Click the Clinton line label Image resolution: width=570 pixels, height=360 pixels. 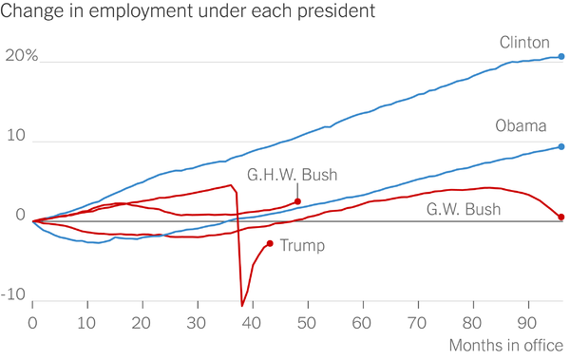click(x=524, y=43)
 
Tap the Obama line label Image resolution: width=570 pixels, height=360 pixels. click(x=521, y=125)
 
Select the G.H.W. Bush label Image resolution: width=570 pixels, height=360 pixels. click(x=293, y=175)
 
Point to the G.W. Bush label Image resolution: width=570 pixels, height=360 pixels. click(x=464, y=210)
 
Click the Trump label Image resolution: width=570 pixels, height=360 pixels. click(x=302, y=245)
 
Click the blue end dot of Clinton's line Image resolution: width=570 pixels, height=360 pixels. click(x=561, y=56)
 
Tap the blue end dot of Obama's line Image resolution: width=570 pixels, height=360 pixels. click(x=561, y=146)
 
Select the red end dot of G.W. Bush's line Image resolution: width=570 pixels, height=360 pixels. click(x=561, y=218)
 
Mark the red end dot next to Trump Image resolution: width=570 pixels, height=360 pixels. click(x=270, y=243)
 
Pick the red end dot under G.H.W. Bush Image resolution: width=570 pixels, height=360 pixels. click(x=297, y=201)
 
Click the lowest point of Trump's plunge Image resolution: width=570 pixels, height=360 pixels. click(x=242, y=306)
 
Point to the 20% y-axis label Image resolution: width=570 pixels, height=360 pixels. click(x=22, y=56)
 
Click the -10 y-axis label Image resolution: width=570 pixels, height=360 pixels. click(x=13, y=294)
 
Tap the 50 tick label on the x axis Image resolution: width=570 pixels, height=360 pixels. click(x=307, y=323)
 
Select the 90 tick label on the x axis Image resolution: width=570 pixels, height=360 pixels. click(x=526, y=323)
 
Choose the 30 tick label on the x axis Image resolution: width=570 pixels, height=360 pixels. click(x=197, y=323)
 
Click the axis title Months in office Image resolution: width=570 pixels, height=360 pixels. click(x=506, y=346)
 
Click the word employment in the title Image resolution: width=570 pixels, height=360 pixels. click(x=141, y=10)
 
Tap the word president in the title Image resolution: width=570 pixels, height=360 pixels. click(x=336, y=10)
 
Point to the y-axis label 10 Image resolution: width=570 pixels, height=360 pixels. click(x=16, y=136)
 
